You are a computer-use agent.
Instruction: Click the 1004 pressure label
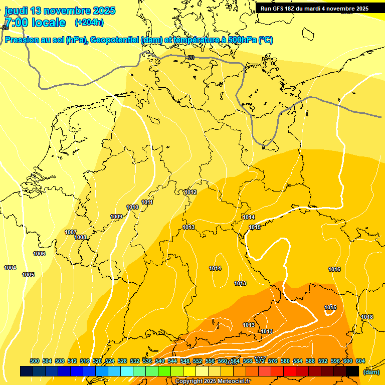[10, 268]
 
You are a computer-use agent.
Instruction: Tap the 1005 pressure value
[28, 275]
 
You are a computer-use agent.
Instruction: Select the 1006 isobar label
[39, 254]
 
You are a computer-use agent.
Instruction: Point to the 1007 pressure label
[71, 232]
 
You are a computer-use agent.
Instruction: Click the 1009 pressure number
[116, 217]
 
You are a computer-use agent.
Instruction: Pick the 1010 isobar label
[132, 207]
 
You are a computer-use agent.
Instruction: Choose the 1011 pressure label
[147, 202]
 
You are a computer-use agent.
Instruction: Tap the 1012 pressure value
[190, 192]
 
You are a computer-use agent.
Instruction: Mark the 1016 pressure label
[334, 269]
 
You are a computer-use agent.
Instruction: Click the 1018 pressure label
[367, 317]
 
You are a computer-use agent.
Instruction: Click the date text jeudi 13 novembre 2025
[60, 11]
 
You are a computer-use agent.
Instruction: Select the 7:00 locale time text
[35, 23]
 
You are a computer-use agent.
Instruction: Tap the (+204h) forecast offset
[89, 23]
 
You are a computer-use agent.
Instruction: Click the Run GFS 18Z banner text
[314, 9]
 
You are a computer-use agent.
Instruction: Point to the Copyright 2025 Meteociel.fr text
[213, 381]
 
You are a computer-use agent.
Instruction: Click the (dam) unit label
[371, 372]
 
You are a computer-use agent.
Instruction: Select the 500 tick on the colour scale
[35, 361]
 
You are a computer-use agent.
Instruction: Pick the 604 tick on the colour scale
[360, 361]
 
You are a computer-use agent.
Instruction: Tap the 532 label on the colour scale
[135, 361]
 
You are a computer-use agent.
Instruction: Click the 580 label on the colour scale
[285, 361]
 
